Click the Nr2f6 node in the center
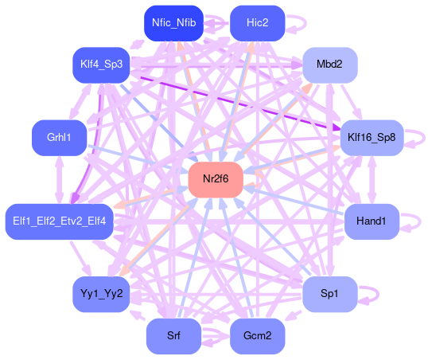216,179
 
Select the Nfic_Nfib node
174,23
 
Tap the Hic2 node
258,23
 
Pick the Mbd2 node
330,65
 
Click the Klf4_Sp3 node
101,65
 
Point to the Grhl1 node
59,138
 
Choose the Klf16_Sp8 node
372,138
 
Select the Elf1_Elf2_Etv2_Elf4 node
59,221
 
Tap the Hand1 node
372,221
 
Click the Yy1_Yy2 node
101,294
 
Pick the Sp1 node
330,294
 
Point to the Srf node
174,336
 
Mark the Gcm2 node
258,336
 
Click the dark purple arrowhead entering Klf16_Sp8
337,127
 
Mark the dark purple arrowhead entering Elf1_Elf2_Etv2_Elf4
75,198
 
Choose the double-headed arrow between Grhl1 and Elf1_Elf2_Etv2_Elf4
59,180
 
